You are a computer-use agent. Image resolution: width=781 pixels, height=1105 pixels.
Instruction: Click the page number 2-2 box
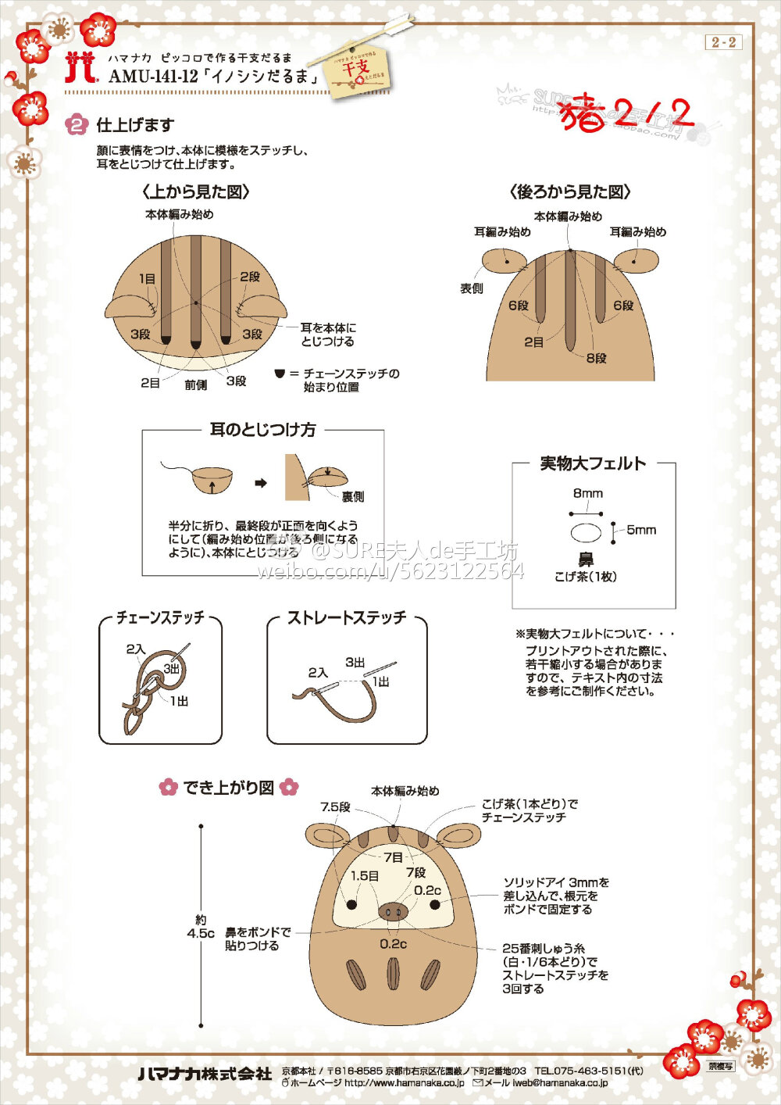[x=723, y=42]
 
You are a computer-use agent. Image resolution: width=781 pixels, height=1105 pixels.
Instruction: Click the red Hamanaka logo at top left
[x=80, y=68]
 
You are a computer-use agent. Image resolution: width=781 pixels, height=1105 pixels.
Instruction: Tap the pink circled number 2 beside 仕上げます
[x=77, y=124]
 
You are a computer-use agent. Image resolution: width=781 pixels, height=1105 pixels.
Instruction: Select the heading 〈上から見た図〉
[x=196, y=191]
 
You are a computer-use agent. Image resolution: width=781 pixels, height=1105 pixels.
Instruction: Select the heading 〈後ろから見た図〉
[x=569, y=191]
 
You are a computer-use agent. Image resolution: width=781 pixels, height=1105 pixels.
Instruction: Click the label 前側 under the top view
[x=196, y=385]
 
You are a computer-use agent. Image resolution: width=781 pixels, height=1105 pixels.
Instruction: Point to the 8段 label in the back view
[x=597, y=358]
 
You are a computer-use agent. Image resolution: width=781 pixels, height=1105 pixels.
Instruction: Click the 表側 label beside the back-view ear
[x=472, y=288]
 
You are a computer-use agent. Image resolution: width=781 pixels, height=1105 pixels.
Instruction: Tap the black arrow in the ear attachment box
[x=261, y=483]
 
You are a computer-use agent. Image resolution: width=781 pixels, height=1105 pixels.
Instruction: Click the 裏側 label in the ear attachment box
[x=353, y=497]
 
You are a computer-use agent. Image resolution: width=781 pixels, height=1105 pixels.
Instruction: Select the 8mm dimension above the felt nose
[x=587, y=493]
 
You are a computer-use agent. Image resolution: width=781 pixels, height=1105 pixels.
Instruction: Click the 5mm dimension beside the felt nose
[x=641, y=530]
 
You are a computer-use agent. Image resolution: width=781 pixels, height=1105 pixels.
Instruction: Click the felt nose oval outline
[x=586, y=533]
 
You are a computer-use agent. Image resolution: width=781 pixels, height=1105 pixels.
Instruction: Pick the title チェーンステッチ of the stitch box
[x=160, y=617]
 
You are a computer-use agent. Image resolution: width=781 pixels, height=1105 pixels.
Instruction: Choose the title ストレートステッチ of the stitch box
[x=347, y=617]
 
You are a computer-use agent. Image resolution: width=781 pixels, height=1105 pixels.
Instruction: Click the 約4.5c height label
[x=200, y=927]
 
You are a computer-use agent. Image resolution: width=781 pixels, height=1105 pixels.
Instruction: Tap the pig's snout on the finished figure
[x=393, y=911]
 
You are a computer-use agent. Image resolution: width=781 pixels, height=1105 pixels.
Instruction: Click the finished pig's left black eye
[x=351, y=904]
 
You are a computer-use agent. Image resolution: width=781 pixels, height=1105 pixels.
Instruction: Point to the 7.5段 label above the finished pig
[x=335, y=806]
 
